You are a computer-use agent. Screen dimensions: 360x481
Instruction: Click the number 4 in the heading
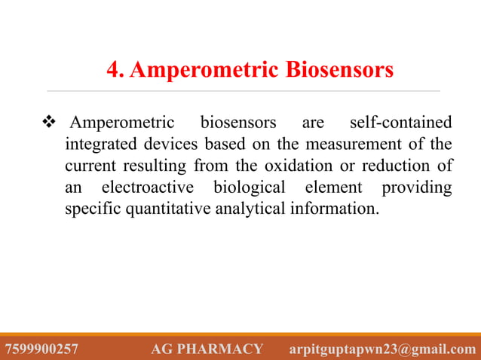coord(114,71)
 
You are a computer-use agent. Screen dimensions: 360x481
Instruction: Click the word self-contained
coord(402,122)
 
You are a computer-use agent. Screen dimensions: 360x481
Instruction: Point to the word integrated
coord(98,144)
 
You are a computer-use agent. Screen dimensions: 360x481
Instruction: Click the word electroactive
coord(146,187)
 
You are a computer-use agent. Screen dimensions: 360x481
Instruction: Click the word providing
coord(417,187)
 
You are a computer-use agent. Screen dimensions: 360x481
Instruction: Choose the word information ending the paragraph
coord(335,209)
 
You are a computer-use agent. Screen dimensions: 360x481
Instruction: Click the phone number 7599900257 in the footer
coord(41,349)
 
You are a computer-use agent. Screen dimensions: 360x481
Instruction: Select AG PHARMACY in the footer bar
coord(207,349)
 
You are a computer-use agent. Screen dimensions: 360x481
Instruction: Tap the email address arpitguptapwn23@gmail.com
coord(383,349)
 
